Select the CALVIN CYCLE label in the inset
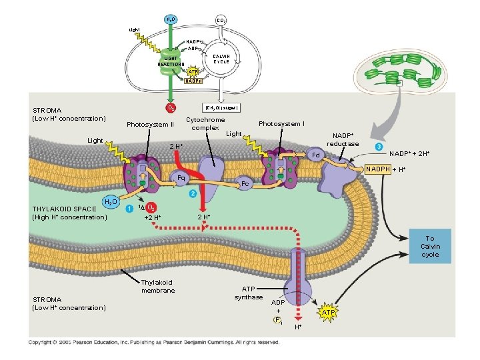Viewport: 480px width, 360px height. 221,59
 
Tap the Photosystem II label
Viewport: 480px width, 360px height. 150,125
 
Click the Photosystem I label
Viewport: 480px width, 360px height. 281,123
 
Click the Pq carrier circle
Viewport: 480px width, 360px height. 181,178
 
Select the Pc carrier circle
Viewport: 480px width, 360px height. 245,183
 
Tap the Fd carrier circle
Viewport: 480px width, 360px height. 317,156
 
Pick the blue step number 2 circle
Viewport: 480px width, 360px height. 193,193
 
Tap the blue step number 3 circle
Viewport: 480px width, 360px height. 378,146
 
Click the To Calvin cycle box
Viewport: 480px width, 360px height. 430,246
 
